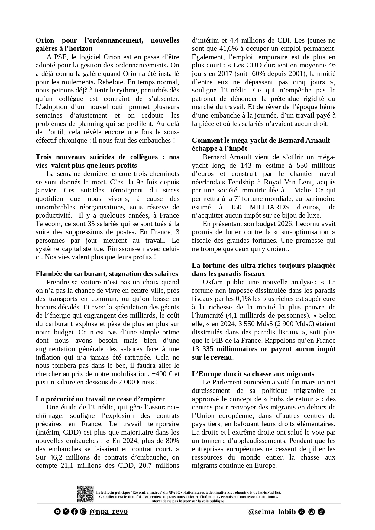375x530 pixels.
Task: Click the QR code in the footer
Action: [x=85, y=494]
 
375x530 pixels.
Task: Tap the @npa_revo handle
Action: [x=108, y=512]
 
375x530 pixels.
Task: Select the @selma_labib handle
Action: [x=272, y=512]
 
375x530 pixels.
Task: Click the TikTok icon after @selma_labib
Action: [x=321, y=512]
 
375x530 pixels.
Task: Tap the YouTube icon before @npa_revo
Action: [x=57, y=512]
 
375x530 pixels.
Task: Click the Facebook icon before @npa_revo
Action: [x=74, y=512]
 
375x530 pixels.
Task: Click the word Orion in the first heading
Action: [x=45, y=40]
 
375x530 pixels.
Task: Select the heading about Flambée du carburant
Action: [x=107, y=274]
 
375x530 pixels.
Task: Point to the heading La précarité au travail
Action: [x=100, y=399]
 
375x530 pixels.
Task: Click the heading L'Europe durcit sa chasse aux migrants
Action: [x=253, y=374]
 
